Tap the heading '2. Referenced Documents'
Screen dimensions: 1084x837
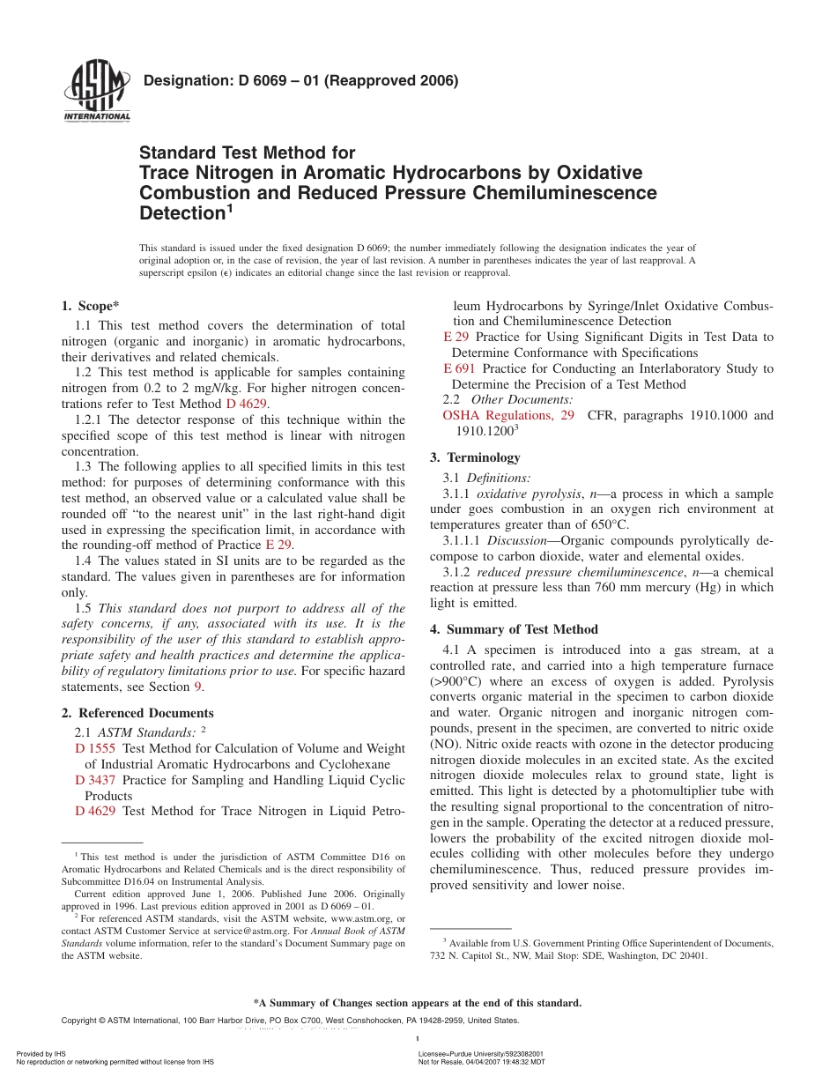[137, 713]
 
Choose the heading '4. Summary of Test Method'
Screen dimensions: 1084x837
[514, 629]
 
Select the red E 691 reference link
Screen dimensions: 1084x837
[459, 368]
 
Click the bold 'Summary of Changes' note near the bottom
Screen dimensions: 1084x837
[418, 1003]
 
